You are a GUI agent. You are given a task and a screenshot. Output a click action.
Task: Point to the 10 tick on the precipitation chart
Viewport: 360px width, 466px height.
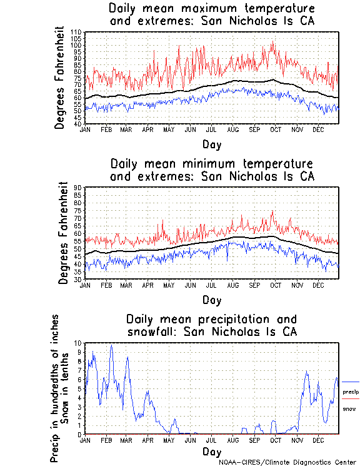pos(78,343)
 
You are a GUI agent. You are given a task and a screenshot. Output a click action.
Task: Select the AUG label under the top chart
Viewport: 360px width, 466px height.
pos(232,129)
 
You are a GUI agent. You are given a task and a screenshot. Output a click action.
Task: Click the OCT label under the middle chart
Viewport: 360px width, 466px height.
pos(276,285)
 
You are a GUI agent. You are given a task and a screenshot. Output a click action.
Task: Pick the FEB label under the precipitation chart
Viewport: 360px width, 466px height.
pos(106,440)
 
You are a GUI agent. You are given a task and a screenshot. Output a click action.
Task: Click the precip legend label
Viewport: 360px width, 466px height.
pos(351,392)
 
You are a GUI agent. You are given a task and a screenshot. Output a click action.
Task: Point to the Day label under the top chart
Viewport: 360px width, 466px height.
pos(211,144)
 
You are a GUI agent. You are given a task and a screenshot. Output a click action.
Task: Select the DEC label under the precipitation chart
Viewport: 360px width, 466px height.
pos(318,440)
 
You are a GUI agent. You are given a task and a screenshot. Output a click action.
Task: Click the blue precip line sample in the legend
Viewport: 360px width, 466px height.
pos(351,382)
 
